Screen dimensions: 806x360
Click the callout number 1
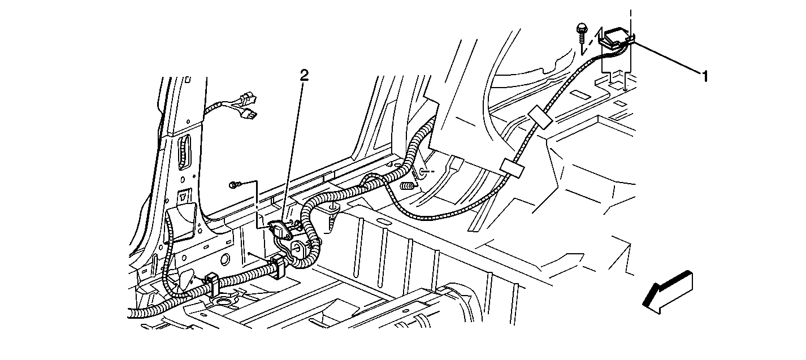tap(705, 76)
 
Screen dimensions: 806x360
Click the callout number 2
tap(304, 75)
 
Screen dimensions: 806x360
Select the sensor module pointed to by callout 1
tap(617, 38)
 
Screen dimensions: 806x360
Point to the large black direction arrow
tap(668, 293)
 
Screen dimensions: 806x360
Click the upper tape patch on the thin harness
tap(541, 117)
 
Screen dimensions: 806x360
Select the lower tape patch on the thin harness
tap(513, 168)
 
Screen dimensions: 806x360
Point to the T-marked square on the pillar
tap(184, 196)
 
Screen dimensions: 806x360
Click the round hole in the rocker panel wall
tap(225, 259)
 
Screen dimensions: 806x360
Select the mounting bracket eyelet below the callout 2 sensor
tap(298, 248)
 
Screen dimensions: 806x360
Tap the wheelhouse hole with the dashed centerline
tap(421, 172)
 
